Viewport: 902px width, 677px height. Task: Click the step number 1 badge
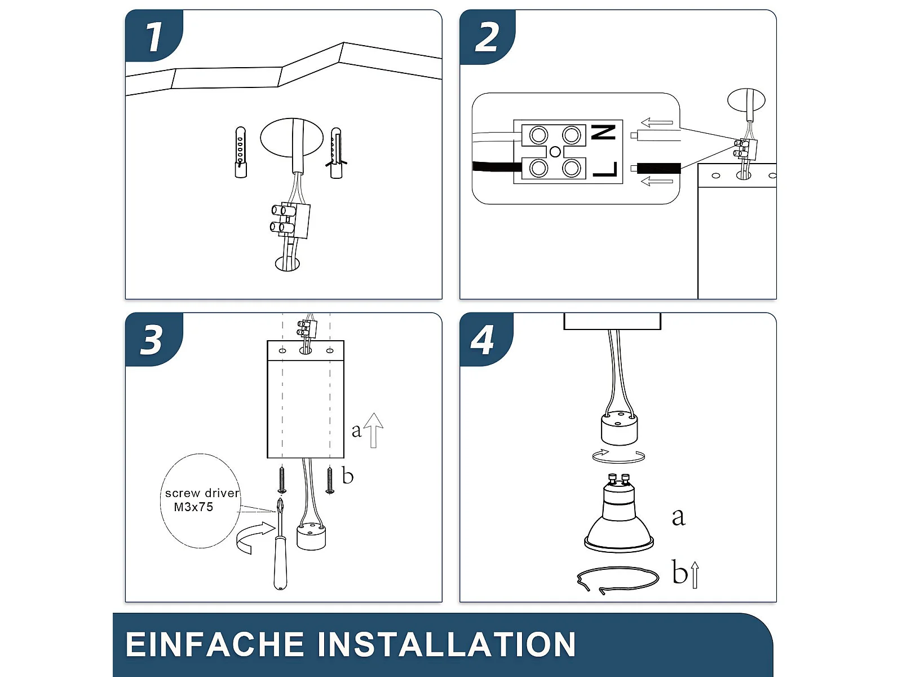pos(154,37)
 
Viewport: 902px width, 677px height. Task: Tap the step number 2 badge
pos(487,37)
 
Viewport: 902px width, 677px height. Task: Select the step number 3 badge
pos(153,340)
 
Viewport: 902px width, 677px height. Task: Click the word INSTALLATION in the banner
pos(447,644)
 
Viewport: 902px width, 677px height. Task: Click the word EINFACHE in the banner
pos(215,644)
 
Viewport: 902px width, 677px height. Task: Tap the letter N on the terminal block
pos(604,133)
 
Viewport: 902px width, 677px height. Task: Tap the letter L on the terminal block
pos(605,169)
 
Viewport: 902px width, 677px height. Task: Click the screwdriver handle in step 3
pos(280,567)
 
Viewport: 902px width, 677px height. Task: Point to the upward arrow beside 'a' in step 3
pos(373,430)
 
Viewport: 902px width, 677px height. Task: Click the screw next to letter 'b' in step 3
pos(330,480)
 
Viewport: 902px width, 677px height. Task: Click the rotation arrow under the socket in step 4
pos(618,456)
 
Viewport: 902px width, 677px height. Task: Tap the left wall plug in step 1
pos(241,152)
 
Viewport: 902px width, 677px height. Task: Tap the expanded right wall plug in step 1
pos(336,153)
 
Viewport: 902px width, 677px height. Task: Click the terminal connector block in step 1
pos(290,220)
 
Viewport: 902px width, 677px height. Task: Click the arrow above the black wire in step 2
pos(657,122)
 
